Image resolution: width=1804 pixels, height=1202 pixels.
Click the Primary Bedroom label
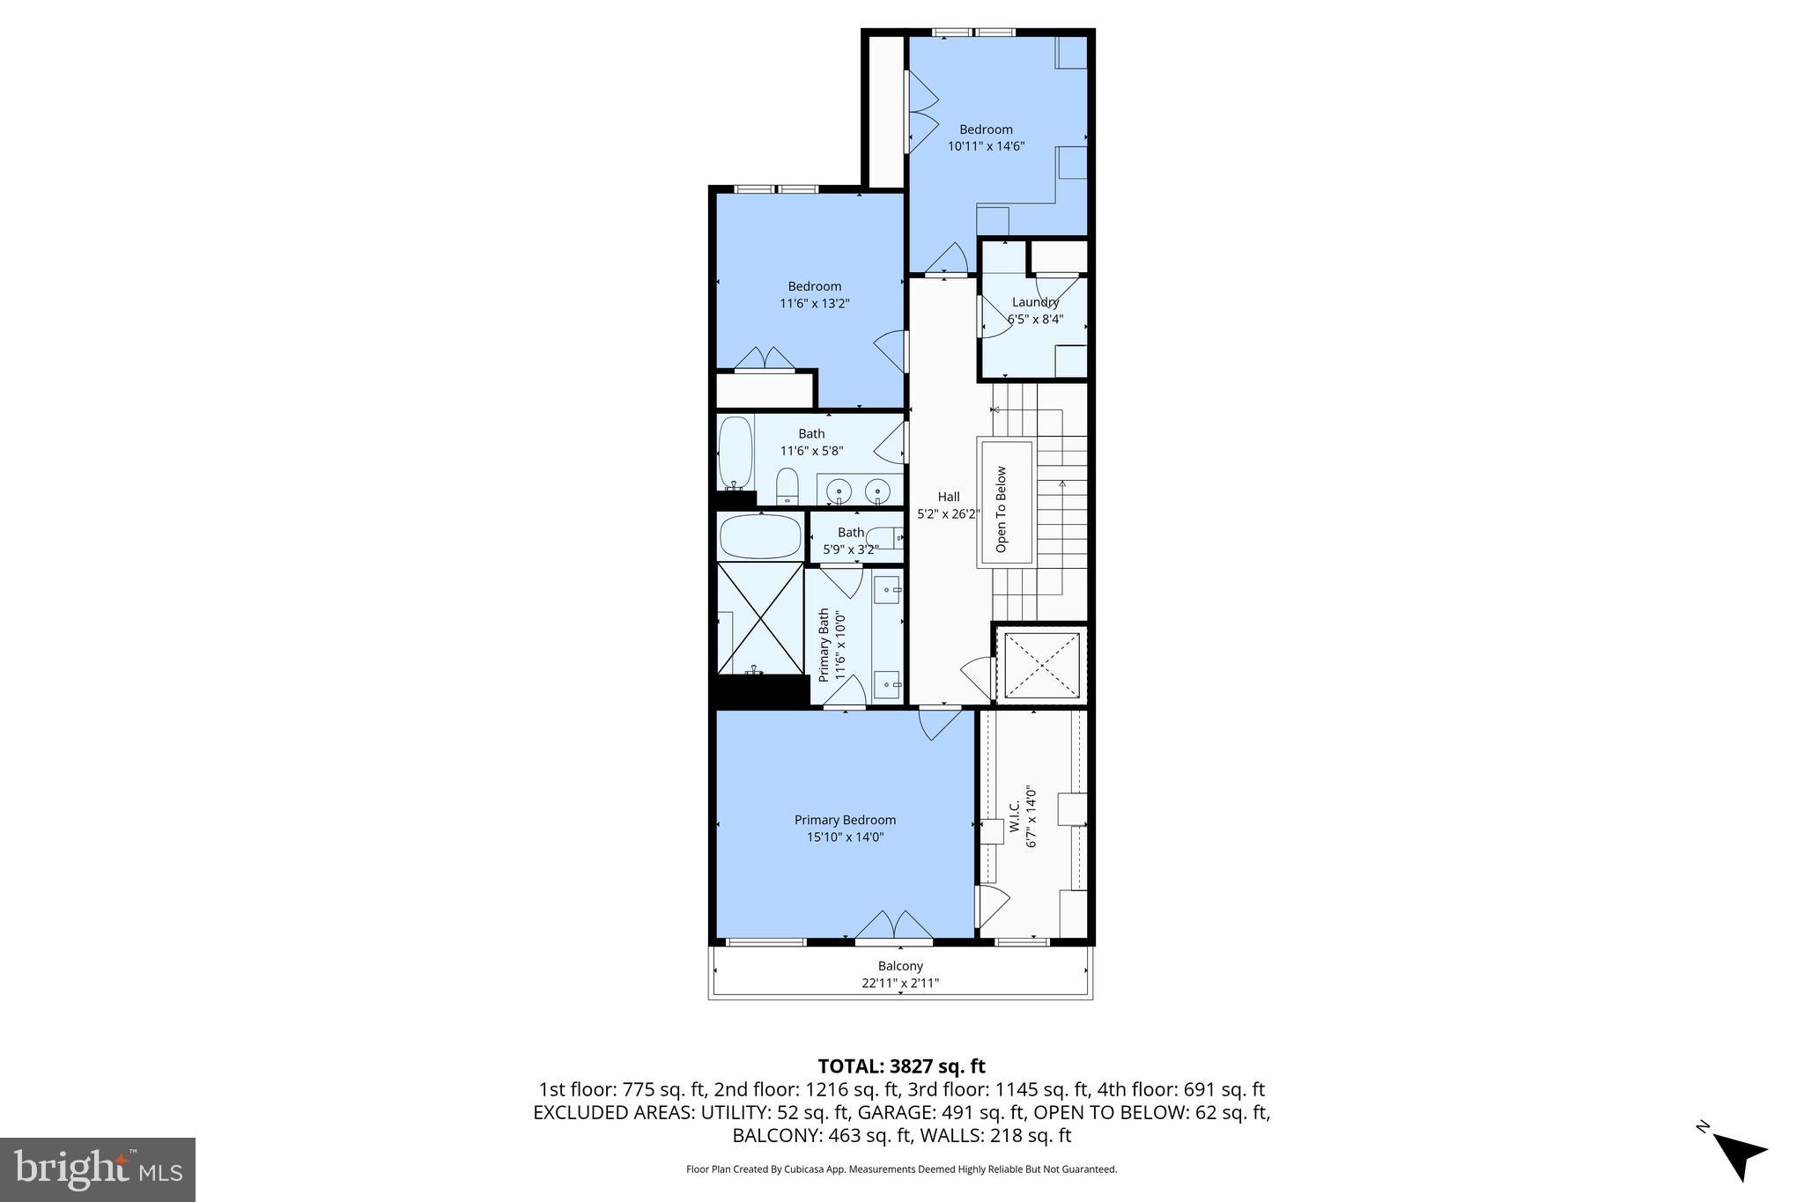pos(845,820)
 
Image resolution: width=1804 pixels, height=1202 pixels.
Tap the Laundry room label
pos(1035,302)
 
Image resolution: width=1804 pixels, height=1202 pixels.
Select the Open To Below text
pos(1001,509)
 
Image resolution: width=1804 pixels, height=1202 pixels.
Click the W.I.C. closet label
pos(1014,816)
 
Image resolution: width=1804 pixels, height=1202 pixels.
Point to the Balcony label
pos(900,966)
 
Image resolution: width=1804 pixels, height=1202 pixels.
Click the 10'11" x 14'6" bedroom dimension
pos(986,147)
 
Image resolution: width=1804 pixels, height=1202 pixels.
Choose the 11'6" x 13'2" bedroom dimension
pos(814,304)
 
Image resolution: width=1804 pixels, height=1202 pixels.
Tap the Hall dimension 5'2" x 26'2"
pos(948,514)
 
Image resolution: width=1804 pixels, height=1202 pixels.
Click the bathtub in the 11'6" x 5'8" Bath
pos(736,453)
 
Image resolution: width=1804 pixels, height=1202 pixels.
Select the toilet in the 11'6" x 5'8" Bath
pos(787,486)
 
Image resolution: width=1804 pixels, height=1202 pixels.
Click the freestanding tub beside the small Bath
pos(760,535)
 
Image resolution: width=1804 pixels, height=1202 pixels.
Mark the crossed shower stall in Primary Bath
pos(759,618)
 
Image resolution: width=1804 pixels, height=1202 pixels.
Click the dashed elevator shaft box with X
pos(1041,665)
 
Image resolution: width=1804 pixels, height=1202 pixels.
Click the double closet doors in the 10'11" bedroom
pos(921,112)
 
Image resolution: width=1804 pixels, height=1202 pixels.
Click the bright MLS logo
pos(98,1169)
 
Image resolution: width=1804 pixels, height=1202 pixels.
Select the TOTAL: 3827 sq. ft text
pos(901,1066)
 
